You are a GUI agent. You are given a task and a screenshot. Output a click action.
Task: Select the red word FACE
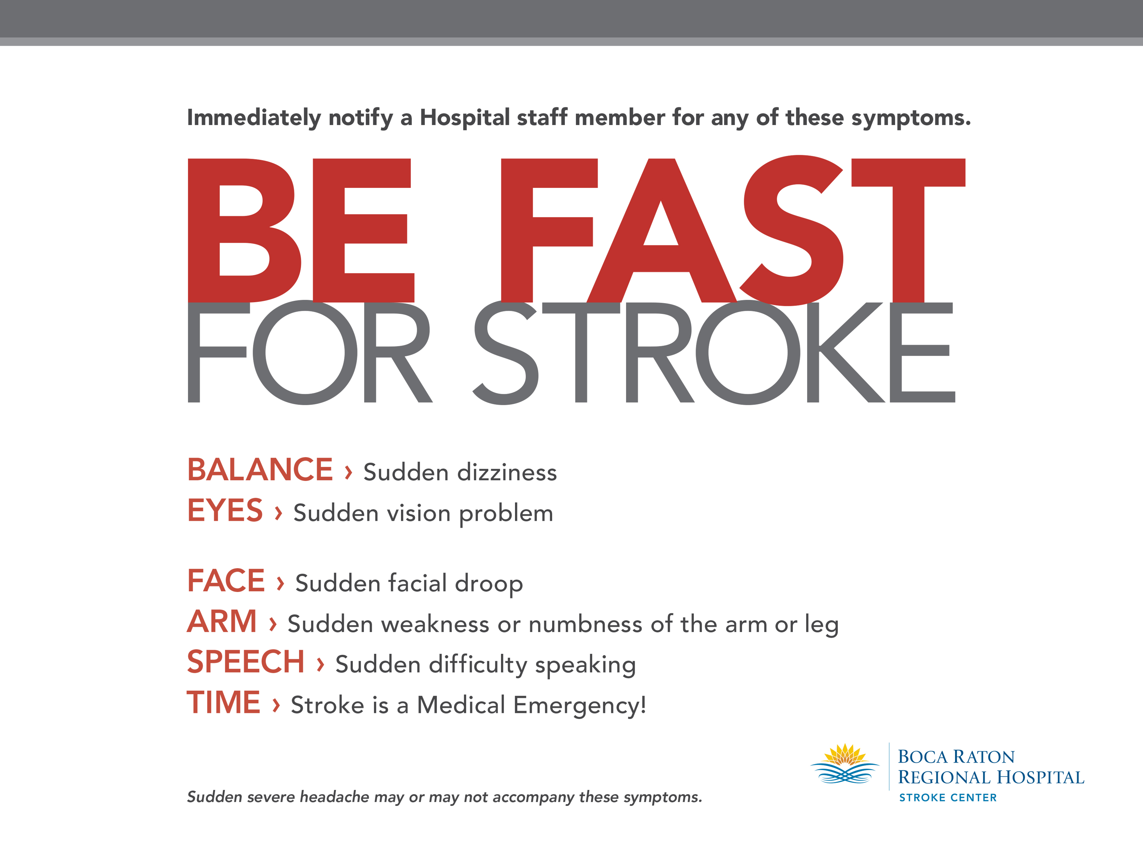(x=226, y=581)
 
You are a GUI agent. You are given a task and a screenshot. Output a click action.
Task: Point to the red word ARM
(x=222, y=621)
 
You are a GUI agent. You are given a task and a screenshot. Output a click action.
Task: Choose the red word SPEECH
(x=246, y=662)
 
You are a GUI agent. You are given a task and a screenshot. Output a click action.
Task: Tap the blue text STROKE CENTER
(x=948, y=798)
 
